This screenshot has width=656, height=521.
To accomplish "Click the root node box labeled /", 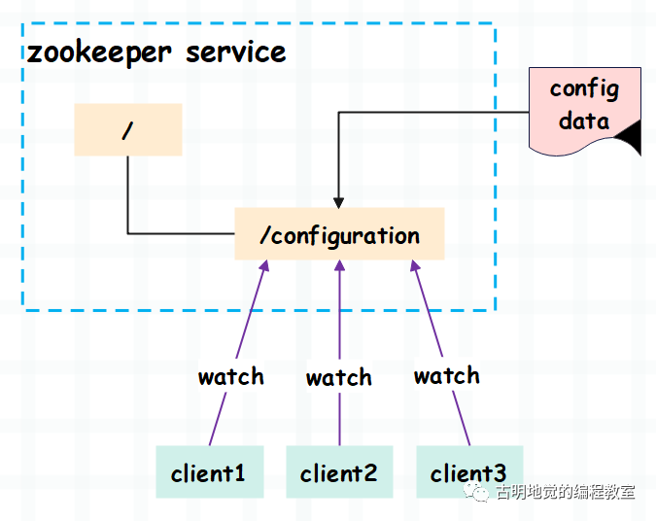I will [x=128, y=130].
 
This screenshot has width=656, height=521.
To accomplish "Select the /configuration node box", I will [x=339, y=234].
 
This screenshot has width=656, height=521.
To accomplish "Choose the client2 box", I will [x=339, y=472].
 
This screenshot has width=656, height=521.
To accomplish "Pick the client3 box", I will [x=468, y=472].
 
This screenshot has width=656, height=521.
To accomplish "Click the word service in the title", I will [x=236, y=52].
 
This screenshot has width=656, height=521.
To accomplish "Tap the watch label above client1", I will [x=231, y=376].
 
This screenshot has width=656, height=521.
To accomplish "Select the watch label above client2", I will [x=339, y=377].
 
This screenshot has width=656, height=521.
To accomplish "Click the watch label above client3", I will [x=446, y=375].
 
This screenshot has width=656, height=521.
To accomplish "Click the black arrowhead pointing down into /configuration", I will [x=338, y=200].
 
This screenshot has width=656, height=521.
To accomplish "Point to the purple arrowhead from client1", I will [x=263, y=266].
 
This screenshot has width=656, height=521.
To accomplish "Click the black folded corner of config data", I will [x=631, y=141].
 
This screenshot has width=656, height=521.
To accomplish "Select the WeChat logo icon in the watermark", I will [x=480, y=493].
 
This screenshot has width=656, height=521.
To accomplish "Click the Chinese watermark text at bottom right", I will [x=565, y=493].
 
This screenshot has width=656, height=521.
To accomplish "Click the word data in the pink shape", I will [x=584, y=122].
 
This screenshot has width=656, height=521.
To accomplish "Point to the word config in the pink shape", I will [x=584, y=89].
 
